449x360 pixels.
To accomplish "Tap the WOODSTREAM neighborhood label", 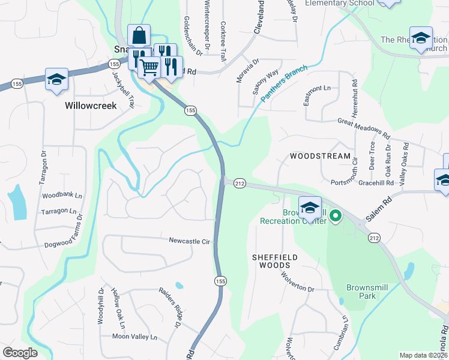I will [x=320, y=156].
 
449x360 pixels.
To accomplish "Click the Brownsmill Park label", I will [x=367, y=292].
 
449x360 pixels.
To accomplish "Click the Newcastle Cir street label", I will [x=189, y=241].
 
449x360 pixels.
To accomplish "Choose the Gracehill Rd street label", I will [x=378, y=182].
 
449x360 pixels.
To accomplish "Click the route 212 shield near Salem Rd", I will [x=374, y=238].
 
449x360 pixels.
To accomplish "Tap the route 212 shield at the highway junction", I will [x=240, y=182].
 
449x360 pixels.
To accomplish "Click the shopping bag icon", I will [x=139, y=35].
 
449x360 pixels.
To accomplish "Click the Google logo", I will [x=20, y=353].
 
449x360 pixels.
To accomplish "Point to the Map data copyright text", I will [x=423, y=355].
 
